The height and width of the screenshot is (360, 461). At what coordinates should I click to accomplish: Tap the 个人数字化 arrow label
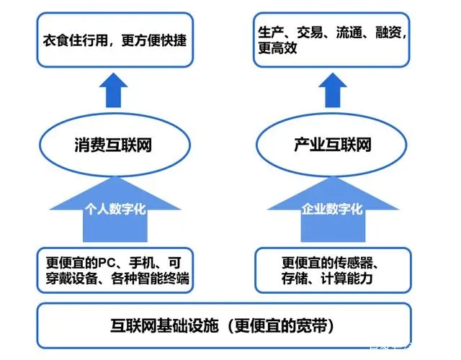click(115, 210)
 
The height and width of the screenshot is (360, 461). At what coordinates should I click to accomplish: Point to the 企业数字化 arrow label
click(332, 210)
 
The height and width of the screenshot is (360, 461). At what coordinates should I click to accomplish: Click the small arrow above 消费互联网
click(114, 90)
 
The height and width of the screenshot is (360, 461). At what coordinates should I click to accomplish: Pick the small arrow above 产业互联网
click(333, 90)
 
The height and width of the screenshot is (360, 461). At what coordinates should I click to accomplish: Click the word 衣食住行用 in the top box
click(75, 40)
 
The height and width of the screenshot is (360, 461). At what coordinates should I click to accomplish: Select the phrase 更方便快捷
click(153, 40)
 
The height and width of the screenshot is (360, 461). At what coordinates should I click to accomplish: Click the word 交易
click(310, 32)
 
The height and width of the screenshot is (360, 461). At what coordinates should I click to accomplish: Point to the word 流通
click(349, 32)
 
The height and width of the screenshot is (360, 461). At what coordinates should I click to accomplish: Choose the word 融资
click(388, 32)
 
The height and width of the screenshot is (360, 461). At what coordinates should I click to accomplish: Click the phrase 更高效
click(277, 48)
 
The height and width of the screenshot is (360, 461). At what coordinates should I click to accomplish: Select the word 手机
click(142, 263)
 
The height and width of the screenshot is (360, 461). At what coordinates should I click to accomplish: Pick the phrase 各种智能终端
click(150, 279)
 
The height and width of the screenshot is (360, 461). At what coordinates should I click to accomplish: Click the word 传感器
click(354, 263)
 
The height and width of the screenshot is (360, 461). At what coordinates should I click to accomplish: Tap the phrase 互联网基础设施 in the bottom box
click(165, 325)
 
